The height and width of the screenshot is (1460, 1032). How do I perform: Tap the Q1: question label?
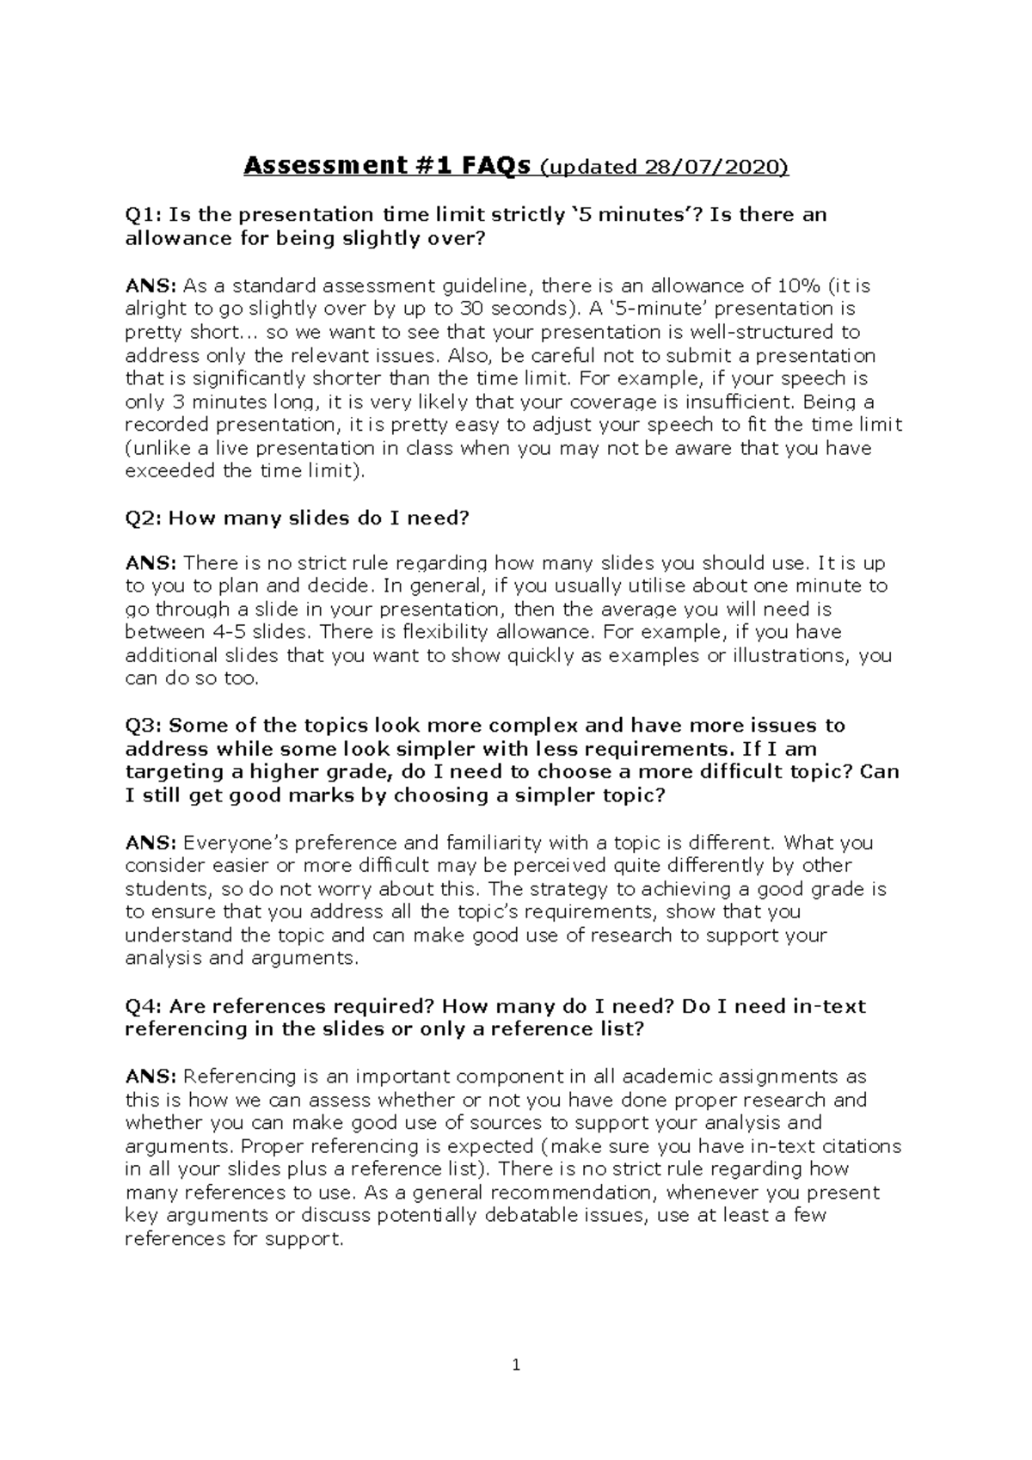pyautogui.click(x=143, y=214)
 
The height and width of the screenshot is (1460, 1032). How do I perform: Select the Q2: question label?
pyautogui.click(x=143, y=518)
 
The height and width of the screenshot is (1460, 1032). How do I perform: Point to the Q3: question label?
pyautogui.click(x=143, y=726)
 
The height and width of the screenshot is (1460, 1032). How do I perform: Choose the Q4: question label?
pyautogui.click(x=143, y=1006)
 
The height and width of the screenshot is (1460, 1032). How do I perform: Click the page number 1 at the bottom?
pyautogui.click(x=516, y=1365)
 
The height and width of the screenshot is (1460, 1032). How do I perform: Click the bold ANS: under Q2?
pyautogui.click(x=150, y=563)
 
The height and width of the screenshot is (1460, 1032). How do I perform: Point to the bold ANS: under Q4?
pyautogui.click(x=150, y=1077)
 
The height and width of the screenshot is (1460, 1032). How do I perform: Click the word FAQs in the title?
pyautogui.click(x=494, y=166)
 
